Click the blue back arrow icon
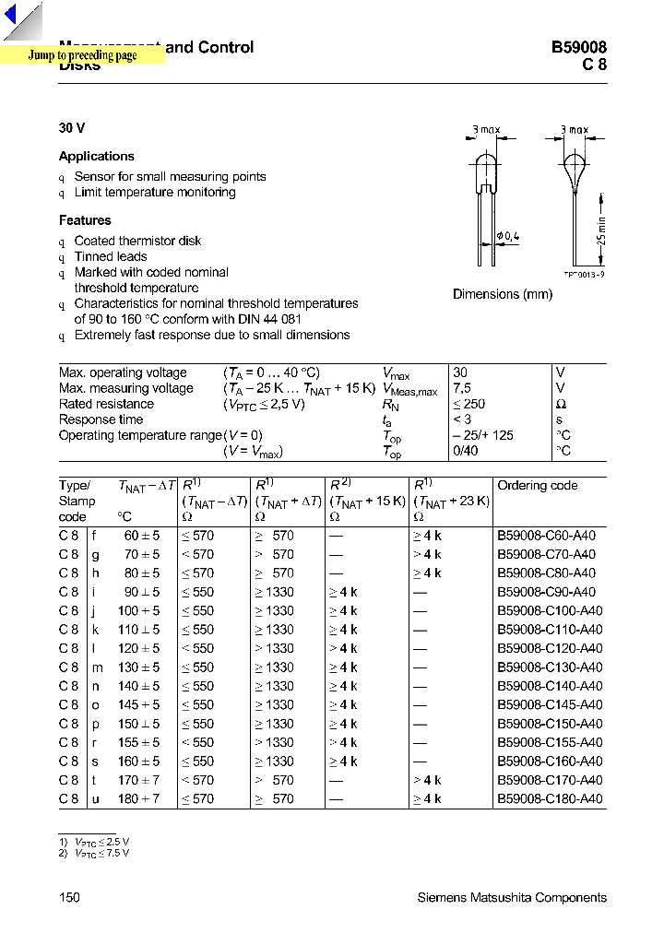click(11, 16)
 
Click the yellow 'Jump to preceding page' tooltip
click(82, 55)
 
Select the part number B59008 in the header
click(578, 48)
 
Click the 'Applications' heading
click(97, 157)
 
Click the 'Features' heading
click(85, 220)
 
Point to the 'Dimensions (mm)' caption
click(503, 294)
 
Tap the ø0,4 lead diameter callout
click(508, 237)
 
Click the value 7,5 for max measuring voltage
click(463, 388)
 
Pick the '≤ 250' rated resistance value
click(469, 404)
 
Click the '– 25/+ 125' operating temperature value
click(483, 435)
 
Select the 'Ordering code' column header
click(537, 486)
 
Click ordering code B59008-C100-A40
click(550, 610)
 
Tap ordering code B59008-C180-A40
click(550, 798)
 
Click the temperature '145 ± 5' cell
click(138, 704)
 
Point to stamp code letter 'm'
click(95, 667)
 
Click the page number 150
click(69, 897)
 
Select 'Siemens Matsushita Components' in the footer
click(512, 897)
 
